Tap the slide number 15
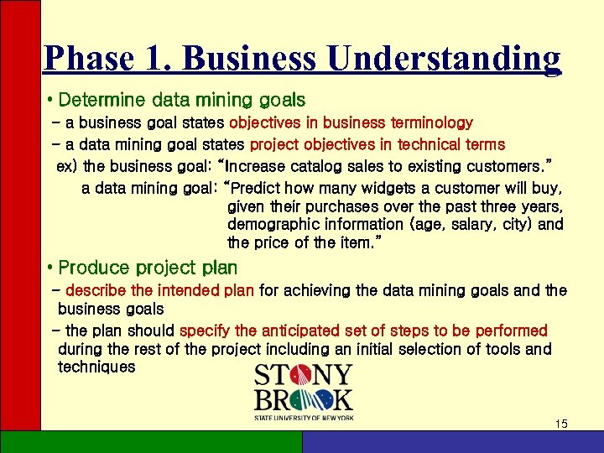pyautogui.click(x=561, y=424)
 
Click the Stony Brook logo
pyautogui.click(x=304, y=391)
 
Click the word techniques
pyautogui.click(x=96, y=367)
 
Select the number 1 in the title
pyautogui.click(x=157, y=58)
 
